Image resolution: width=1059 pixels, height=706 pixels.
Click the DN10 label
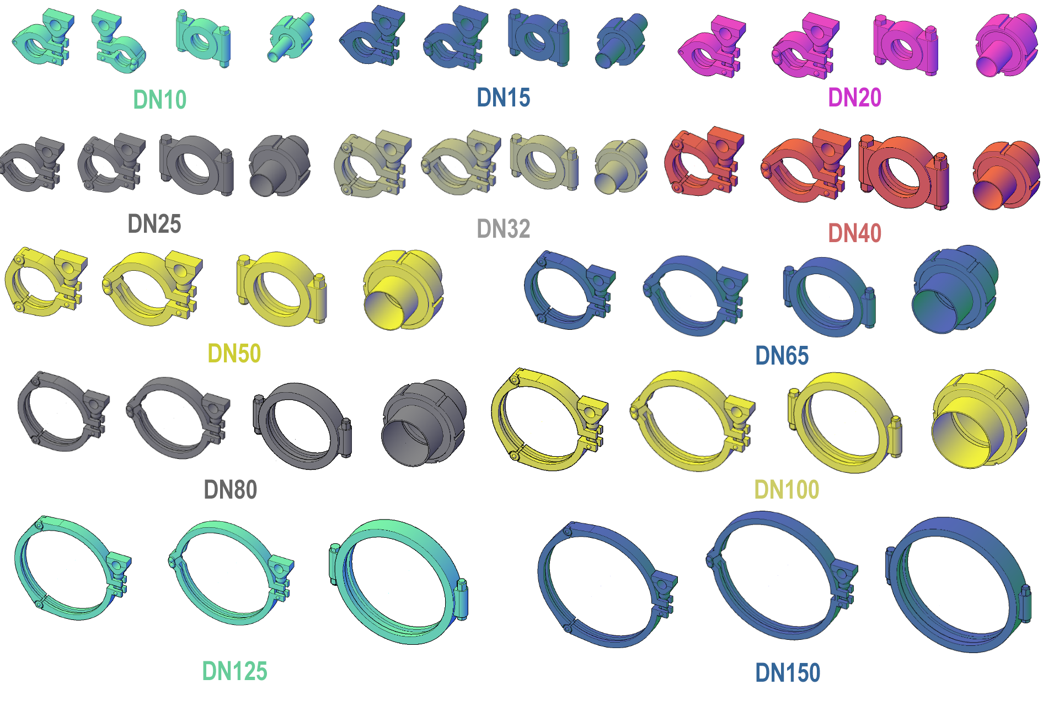pyautogui.click(x=160, y=100)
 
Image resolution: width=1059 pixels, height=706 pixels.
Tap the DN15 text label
pyautogui.click(x=503, y=98)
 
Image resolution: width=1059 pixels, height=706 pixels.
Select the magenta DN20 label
pyautogui.click(x=854, y=98)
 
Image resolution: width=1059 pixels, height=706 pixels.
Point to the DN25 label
pyautogui.click(x=154, y=224)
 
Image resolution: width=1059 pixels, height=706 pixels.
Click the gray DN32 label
pyautogui.click(x=503, y=229)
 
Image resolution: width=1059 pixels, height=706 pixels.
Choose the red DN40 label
pyautogui.click(x=854, y=233)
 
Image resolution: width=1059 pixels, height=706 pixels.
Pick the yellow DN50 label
pyautogui.click(x=234, y=354)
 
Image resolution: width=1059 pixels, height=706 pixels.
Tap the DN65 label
pyautogui.click(x=782, y=356)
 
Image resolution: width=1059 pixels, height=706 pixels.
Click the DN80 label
pyautogui.click(x=230, y=490)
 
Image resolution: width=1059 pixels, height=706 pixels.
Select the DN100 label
pyautogui.click(x=787, y=490)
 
